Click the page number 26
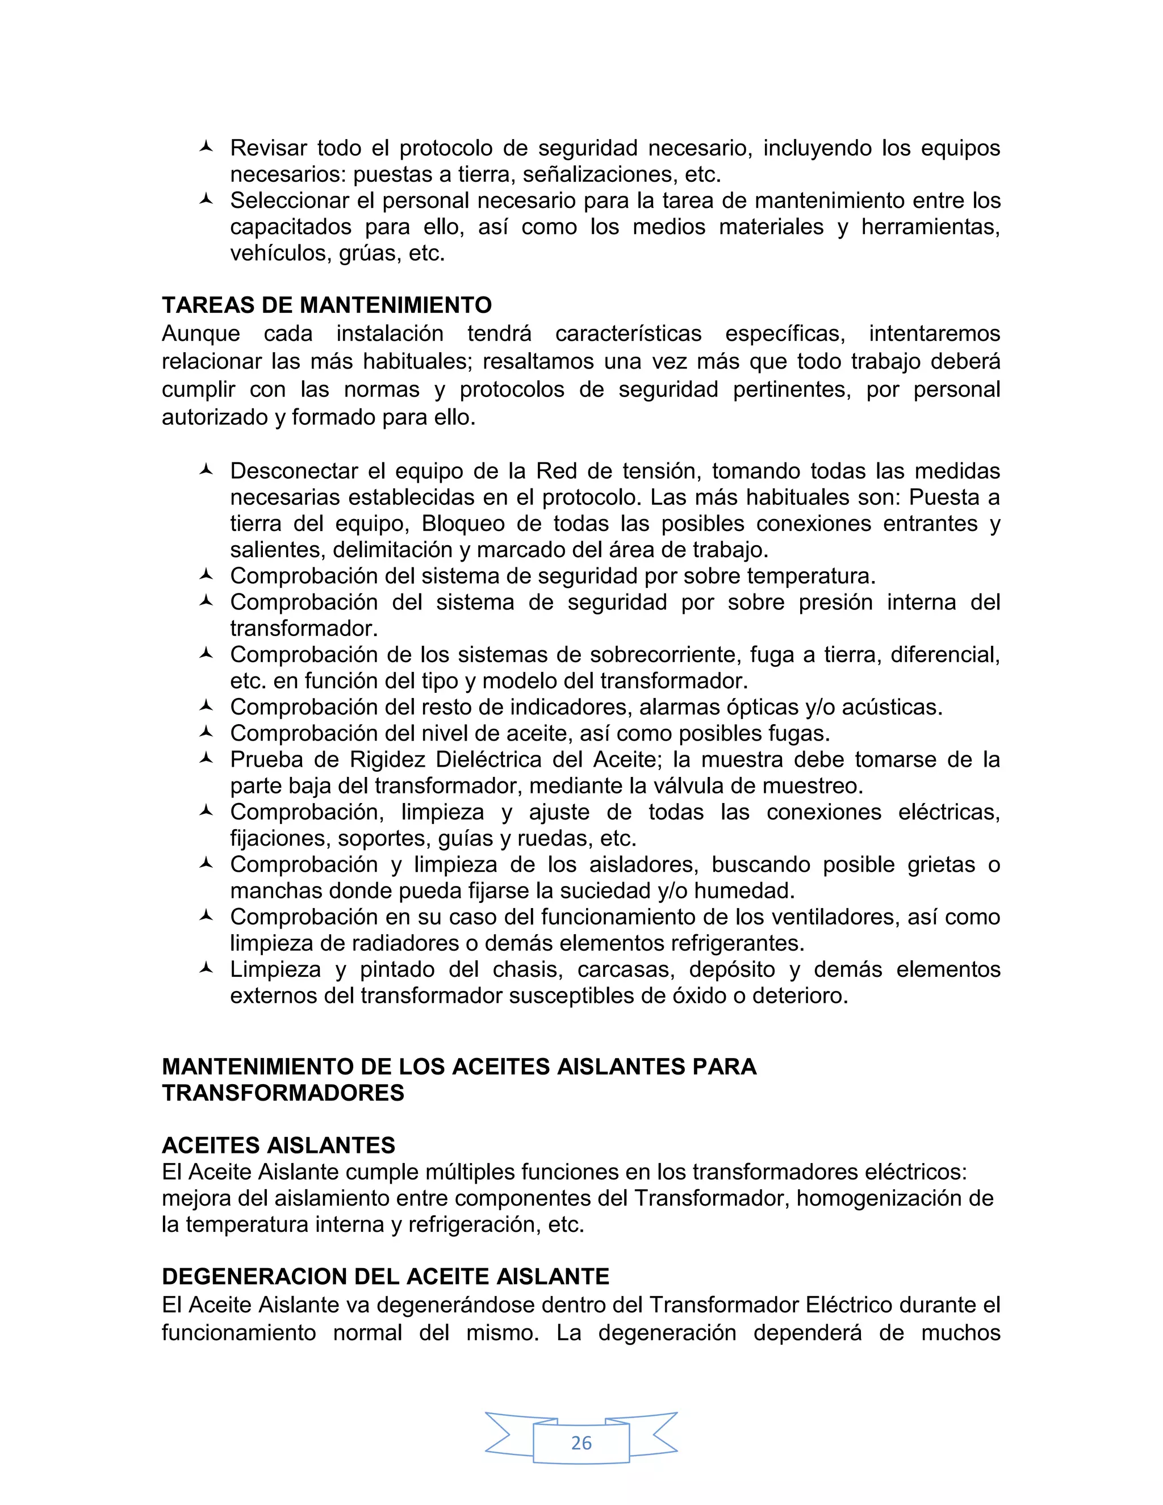[x=581, y=1443]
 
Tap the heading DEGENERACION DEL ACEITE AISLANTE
[x=385, y=1276]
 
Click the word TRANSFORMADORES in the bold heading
[x=283, y=1093]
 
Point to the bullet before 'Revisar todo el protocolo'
[x=206, y=147]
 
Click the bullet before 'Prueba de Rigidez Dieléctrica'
[x=206, y=759]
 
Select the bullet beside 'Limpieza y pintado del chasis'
[x=206, y=968]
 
